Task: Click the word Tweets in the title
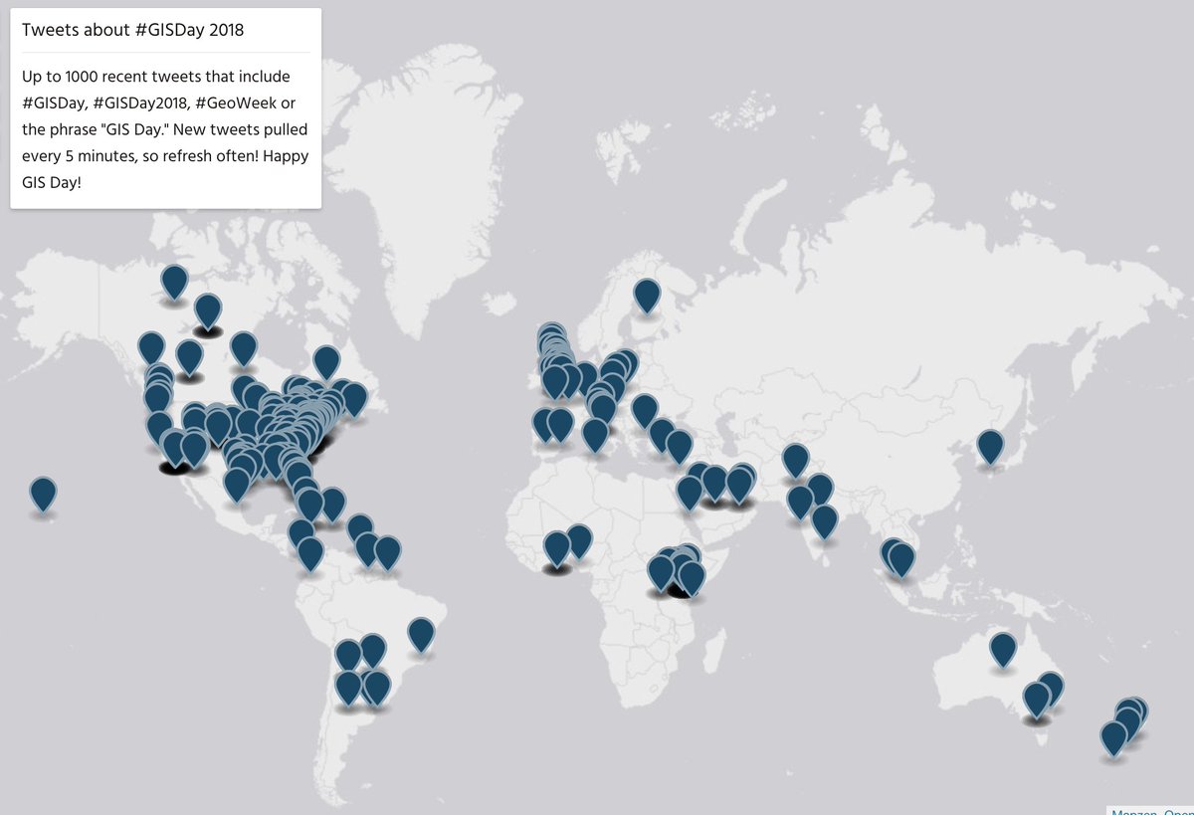click(49, 30)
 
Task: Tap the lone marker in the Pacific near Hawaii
click(43, 494)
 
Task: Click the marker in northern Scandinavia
click(647, 296)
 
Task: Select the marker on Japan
click(990, 446)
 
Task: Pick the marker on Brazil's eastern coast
click(421, 634)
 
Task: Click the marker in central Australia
click(1003, 649)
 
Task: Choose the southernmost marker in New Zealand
click(1113, 737)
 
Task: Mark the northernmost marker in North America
click(174, 282)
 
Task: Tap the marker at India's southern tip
click(824, 520)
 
